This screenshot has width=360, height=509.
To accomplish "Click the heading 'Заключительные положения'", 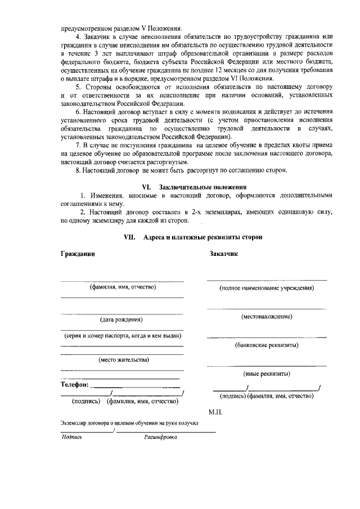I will click(203, 186).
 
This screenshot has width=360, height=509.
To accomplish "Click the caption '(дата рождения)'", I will click(121, 320).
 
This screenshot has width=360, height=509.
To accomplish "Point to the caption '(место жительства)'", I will click(123, 359).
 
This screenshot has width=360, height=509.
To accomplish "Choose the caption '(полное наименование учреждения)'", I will click(267, 288).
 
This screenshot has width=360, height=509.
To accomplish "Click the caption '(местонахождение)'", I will click(267, 317).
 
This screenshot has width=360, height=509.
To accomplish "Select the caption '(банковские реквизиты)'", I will click(267, 345).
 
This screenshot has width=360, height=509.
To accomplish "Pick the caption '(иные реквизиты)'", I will click(267, 373).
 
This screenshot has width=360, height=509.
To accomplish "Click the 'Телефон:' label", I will click(74, 385).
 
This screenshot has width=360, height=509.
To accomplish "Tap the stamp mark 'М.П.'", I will click(216, 412).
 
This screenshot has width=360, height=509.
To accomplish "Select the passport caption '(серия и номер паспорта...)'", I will click(122, 336).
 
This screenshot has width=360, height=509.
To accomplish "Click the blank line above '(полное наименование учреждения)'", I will click(267, 280).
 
